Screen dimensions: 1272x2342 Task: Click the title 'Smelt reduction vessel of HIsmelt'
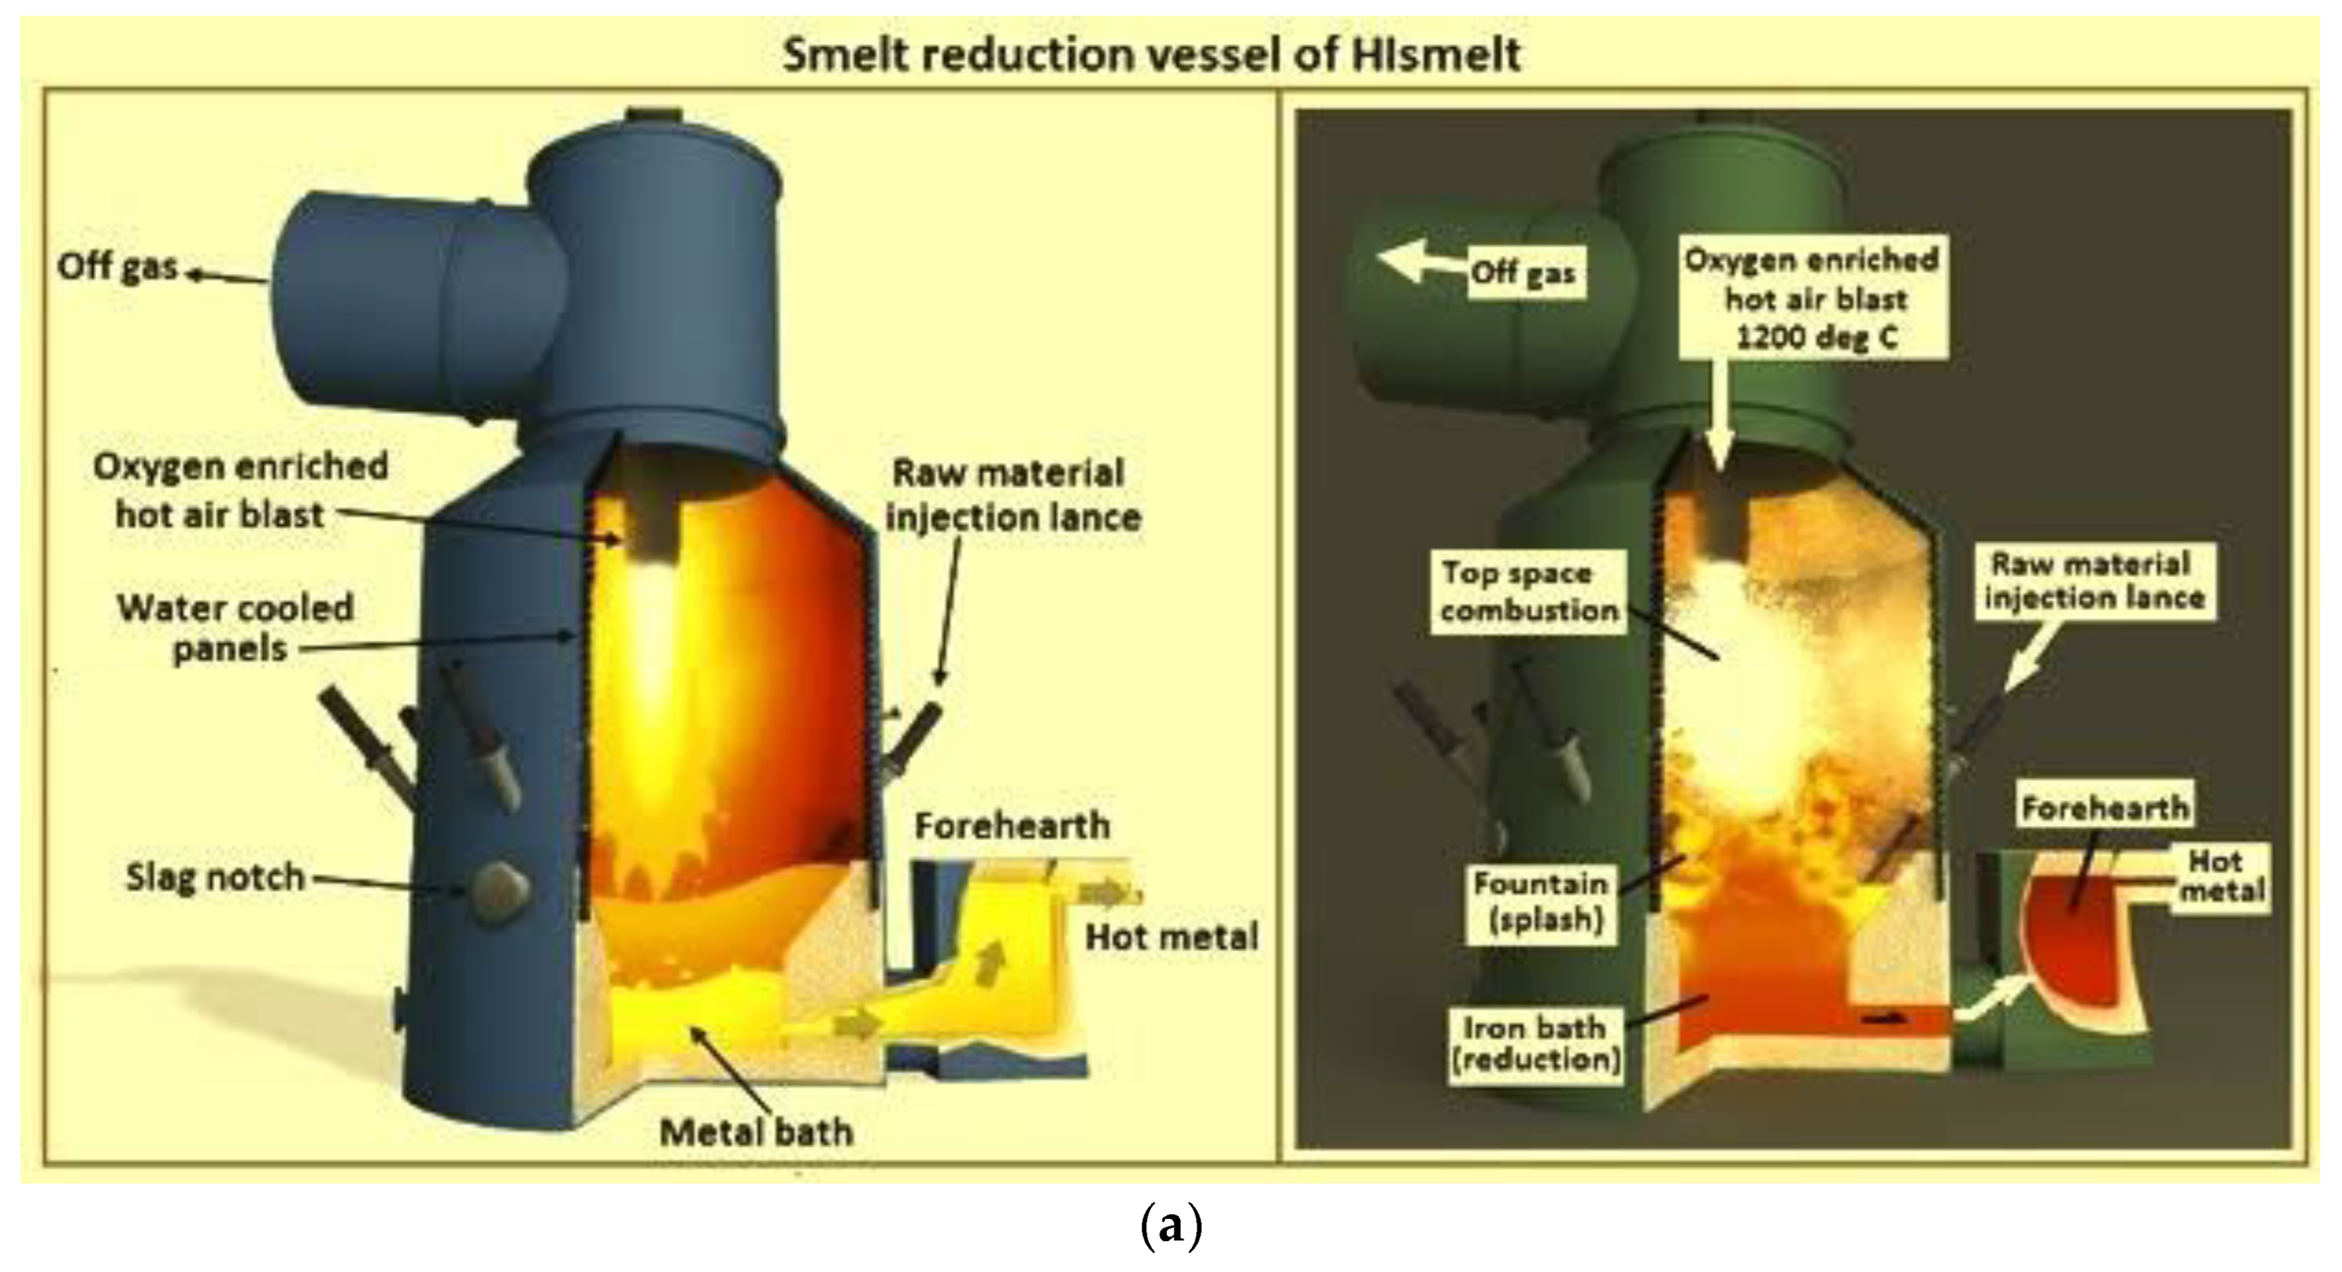click(1151, 55)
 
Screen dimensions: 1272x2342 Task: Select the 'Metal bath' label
click(756, 1133)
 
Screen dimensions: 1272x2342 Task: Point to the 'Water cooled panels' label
click(235, 628)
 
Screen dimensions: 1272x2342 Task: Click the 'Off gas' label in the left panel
click(117, 267)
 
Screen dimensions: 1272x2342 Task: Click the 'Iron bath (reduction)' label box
click(1535, 1043)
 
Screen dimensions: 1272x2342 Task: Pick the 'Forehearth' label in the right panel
click(2104, 808)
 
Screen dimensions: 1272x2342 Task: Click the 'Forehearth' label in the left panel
click(1012, 825)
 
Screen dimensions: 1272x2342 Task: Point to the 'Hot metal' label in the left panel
click(1172, 937)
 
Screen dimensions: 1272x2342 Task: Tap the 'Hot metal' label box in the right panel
click(2221, 874)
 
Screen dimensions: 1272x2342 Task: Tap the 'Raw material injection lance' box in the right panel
click(2093, 581)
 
